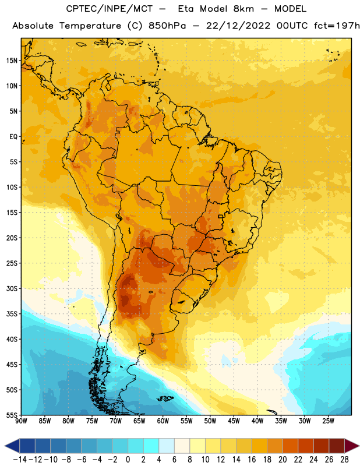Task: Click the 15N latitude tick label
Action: (12, 61)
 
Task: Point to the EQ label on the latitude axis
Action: (13, 137)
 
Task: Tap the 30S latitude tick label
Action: (12, 288)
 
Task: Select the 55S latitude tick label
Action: (12, 415)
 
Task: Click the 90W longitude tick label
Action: (21, 421)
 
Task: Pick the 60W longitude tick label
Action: (163, 421)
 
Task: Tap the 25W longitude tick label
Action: (328, 421)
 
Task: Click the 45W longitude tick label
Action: (234, 421)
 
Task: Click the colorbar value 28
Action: (344, 460)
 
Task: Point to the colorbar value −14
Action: (20, 460)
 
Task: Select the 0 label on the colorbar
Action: (128, 460)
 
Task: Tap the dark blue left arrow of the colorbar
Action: (12, 446)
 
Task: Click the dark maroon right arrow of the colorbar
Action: (352, 446)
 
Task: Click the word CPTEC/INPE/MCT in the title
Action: (109, 9)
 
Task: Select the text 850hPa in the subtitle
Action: (167, 26)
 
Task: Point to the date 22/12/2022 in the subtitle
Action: (238, 26)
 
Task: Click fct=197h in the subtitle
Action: (337, 26)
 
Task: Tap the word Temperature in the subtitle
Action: (90, 26)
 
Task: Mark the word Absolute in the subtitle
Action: (33, 26)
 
